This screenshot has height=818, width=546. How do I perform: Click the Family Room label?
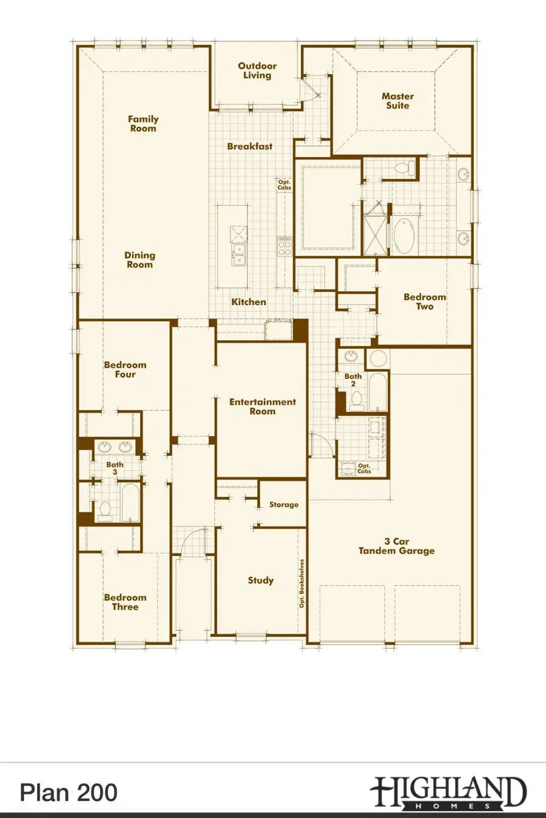click(143, 124)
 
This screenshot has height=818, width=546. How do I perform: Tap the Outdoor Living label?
click(257, 70)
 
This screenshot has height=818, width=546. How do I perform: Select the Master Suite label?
click(398, 101)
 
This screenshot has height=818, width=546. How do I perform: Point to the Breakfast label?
click(250, 146)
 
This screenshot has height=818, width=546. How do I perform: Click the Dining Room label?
click(140, 260)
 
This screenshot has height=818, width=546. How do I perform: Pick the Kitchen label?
click(249, 301)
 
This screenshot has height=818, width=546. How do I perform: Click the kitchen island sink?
click(239, 255)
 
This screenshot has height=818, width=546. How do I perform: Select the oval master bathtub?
click(404, 236)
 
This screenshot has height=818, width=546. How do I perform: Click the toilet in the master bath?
click(403, 167)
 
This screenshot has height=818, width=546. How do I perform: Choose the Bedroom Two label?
click(425, 301)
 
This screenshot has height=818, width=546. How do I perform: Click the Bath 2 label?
click(353, 380)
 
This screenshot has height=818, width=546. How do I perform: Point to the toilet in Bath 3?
click(105, 511)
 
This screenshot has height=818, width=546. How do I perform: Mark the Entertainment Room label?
click(262, 406)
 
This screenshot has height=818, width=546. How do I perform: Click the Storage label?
click(284, 505)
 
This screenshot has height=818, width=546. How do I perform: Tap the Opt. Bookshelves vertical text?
click(302, 583)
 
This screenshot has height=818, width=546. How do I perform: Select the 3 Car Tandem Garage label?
click(397, 546)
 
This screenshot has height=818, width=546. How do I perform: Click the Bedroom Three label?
click(125, 602)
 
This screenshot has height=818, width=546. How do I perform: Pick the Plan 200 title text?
click(69, 793)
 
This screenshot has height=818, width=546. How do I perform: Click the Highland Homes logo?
click(448, 793)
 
